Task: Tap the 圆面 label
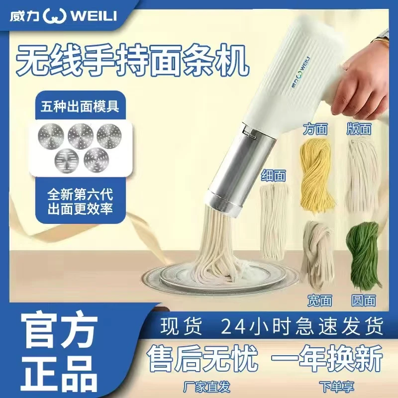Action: [x=363, y=299]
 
